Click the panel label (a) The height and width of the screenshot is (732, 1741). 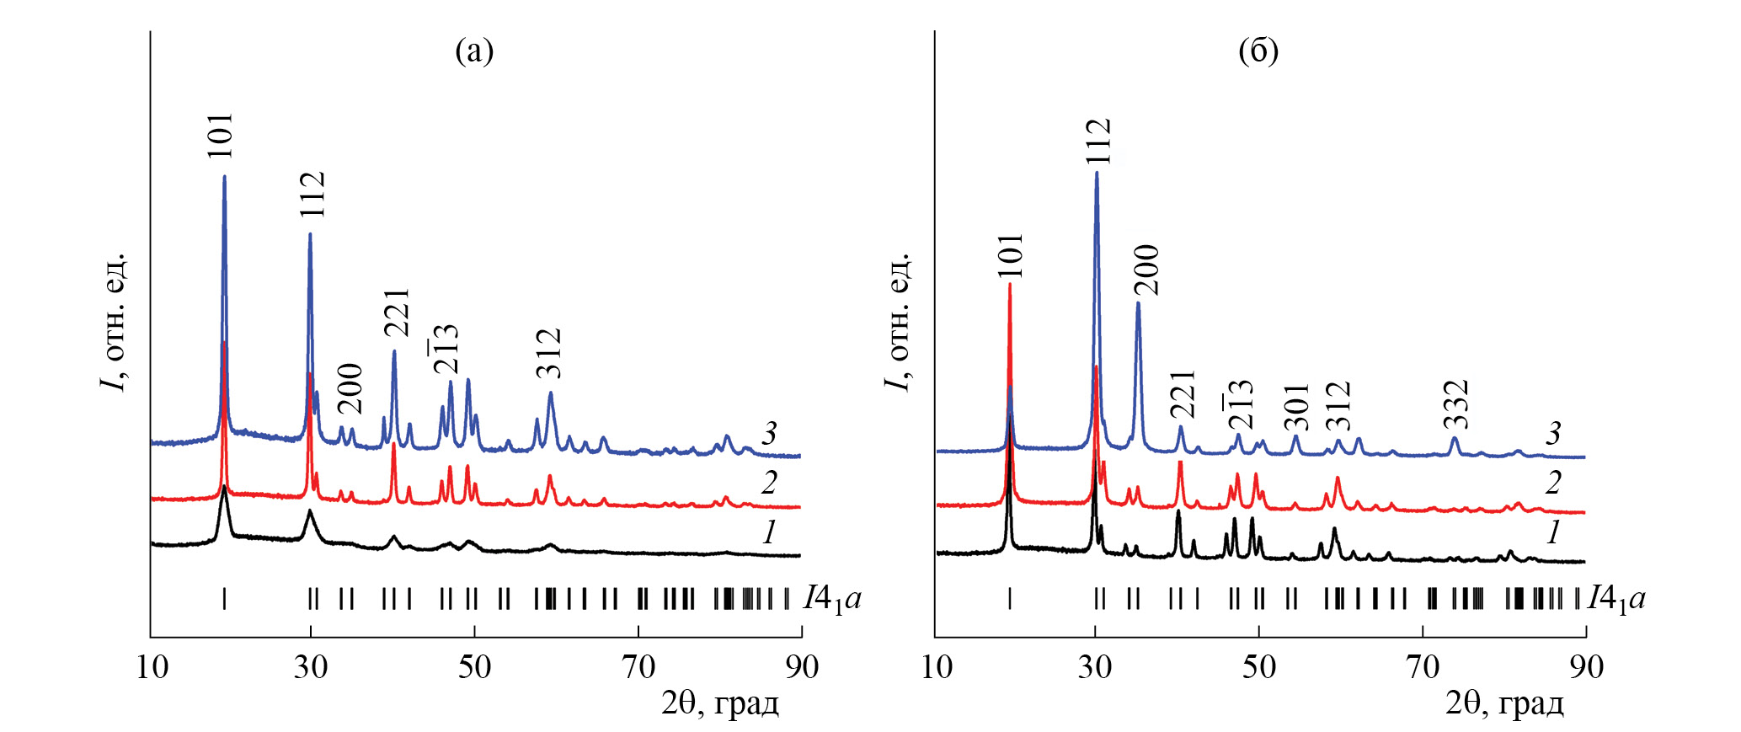coord(474,51)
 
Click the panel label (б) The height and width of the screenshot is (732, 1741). coord(1258,51)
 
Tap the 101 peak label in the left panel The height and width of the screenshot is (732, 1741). coord(220,136)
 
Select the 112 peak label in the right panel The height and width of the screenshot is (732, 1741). coord(1098,141)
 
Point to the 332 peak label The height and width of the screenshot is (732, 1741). coord(1455,404)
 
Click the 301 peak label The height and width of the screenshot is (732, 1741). coord(1296,407)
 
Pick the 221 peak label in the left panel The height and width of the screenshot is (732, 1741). coord(396,313)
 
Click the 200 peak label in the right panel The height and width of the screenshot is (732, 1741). coord(1146,270)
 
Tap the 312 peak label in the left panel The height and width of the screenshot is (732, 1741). coord(548,353)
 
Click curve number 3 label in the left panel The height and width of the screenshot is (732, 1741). coord(768,435)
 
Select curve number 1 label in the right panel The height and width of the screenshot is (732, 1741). coord(1552,532)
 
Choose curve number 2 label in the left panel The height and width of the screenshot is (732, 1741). coord(768,484)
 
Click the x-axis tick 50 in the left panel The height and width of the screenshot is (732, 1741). coord(474,667)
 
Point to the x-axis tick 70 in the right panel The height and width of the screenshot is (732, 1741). coord(1423,667)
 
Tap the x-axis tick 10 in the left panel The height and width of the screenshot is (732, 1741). coord(152,667)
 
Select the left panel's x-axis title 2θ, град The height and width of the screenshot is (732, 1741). coord(719,703)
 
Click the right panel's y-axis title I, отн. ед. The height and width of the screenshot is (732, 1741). coord(899,321)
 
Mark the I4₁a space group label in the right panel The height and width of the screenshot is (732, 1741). coord(1616,599)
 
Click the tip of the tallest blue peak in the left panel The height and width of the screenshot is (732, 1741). coord(224,176)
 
